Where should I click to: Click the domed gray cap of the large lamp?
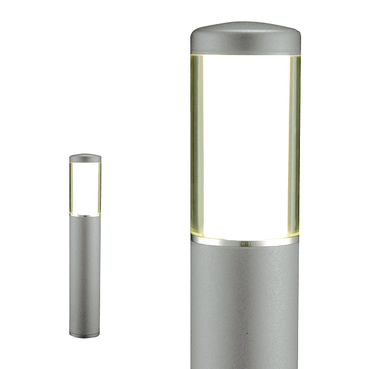[x=245, y=36]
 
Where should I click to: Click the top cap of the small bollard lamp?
[x=85, y=158]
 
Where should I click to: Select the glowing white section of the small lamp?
[x=85, y=187]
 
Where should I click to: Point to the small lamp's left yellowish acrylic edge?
[x=71, y=187]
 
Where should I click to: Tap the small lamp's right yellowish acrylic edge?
[x=99, y=187]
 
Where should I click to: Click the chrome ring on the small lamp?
[x=85, y=216]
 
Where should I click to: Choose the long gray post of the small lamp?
[x=85, y=269]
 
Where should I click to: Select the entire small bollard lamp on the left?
[x=85, y=246]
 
